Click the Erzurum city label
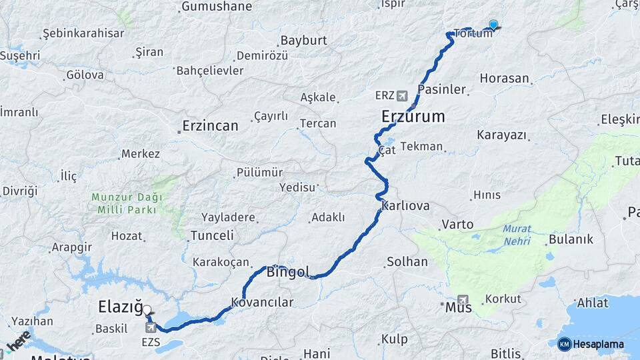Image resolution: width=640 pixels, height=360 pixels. [413, 117]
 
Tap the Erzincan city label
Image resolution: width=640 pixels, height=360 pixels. [211, 125]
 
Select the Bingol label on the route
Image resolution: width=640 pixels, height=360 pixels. [288, 271]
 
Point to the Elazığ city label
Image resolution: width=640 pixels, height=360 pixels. [120, 307]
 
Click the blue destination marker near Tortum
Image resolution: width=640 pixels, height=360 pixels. [493, 25]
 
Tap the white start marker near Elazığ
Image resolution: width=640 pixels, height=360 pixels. [147, 310]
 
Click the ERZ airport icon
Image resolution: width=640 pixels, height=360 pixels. [401, 95]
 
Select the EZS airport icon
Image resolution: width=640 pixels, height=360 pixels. [151, 327]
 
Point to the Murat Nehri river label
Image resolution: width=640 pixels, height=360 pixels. [517, 233]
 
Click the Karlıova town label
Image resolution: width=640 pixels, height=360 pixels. [406, 205]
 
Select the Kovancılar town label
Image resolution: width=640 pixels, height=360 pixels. [262, 303]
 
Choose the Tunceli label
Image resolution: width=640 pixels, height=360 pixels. [212, 235]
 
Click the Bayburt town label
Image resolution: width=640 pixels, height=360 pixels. [303, 40]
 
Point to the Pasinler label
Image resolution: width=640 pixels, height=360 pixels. [441, 89]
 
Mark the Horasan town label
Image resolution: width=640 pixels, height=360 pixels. [504, 78]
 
